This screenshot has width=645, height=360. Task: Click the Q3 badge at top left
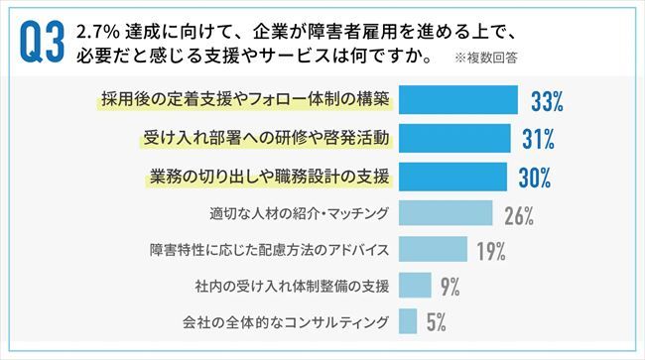[37, 42]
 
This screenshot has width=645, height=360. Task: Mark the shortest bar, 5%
[406, 322]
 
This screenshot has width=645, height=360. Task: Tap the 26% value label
[519, 214]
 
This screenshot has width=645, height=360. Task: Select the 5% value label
[436, 323]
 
